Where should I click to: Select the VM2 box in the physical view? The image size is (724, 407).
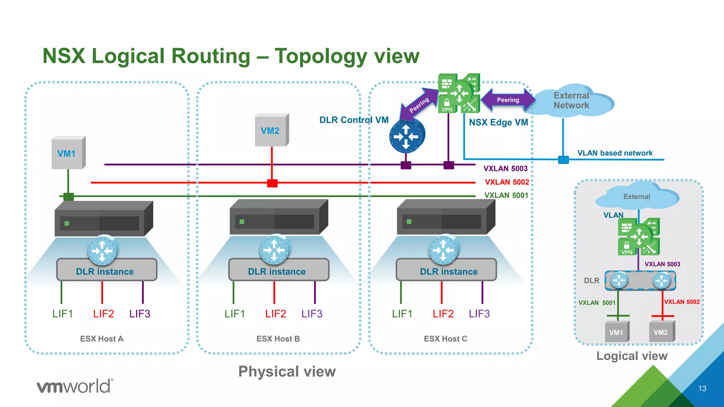coord(271,130)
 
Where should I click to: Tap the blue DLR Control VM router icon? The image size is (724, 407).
coord(407,136)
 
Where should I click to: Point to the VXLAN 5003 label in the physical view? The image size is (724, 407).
coord(505,169)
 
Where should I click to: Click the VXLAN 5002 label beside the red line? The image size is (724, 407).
coord(507,182)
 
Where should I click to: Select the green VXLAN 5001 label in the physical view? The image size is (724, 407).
coord(506,195)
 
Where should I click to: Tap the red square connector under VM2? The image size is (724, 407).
coord(272,183)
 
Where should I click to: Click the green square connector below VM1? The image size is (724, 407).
coord(69,196)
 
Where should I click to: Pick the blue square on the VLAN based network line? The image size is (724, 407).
coord(563,160)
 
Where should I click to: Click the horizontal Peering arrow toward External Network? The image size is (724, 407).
coord(508,100)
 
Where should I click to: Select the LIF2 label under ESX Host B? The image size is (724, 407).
coord(275,314)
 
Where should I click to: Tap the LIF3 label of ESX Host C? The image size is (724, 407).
coord(479,314)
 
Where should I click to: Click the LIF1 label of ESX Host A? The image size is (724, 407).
coord(63,314)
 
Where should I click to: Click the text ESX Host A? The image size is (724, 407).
coord(101,339)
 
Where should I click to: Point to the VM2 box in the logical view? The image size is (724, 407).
coord(661,332)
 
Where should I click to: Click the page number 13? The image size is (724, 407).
coord(702,388)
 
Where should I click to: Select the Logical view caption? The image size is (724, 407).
coord(632,356)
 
